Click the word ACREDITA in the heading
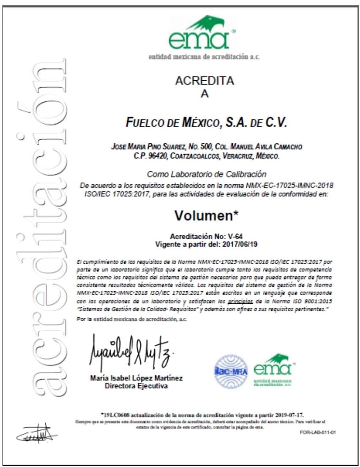tap(205, 81)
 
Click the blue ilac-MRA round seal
tap(231, 371)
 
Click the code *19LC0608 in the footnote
tap(116, 414)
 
